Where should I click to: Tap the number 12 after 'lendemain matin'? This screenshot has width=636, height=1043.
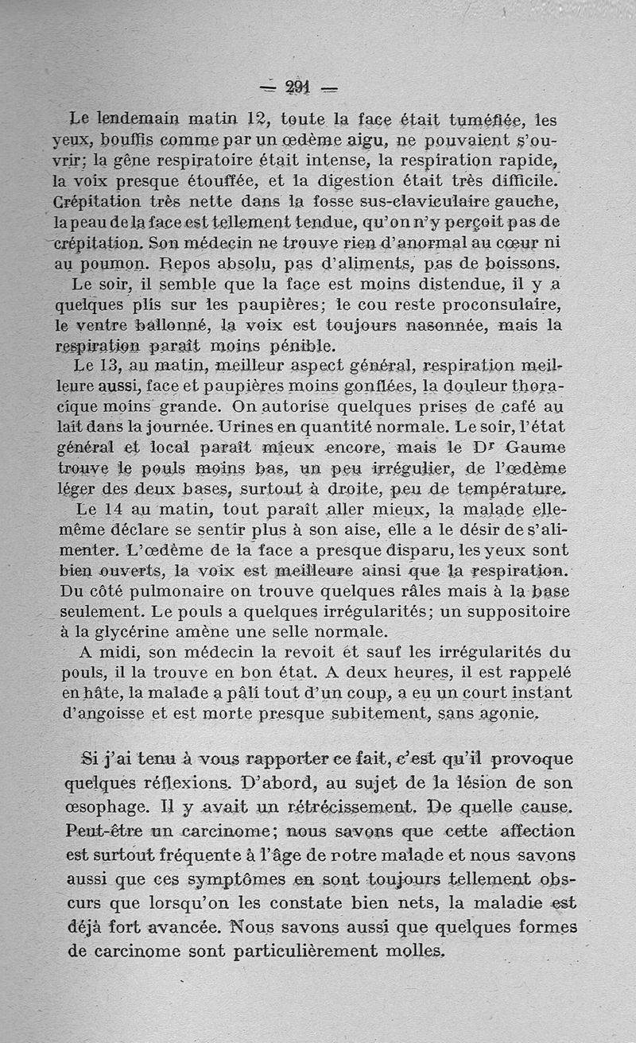tap(253, 120)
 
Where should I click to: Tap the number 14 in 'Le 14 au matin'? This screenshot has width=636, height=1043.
tap(116, 510)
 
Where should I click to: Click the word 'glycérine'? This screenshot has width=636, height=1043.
tap(142, 633)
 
